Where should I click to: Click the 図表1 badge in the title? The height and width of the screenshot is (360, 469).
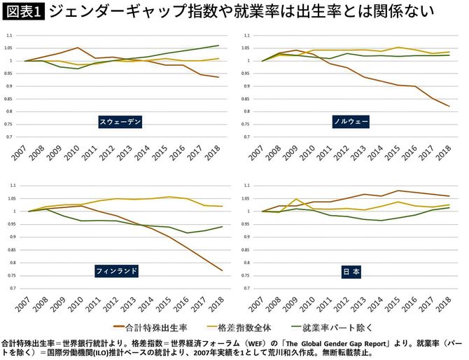coord(24,12)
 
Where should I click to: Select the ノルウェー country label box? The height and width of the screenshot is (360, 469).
coord(351,122)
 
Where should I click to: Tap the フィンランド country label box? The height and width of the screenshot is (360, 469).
coord(118,270)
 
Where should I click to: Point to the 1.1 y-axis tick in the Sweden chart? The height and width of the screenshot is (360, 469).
coord(8,36)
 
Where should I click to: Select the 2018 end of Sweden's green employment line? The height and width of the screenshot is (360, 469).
coord(219,46)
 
